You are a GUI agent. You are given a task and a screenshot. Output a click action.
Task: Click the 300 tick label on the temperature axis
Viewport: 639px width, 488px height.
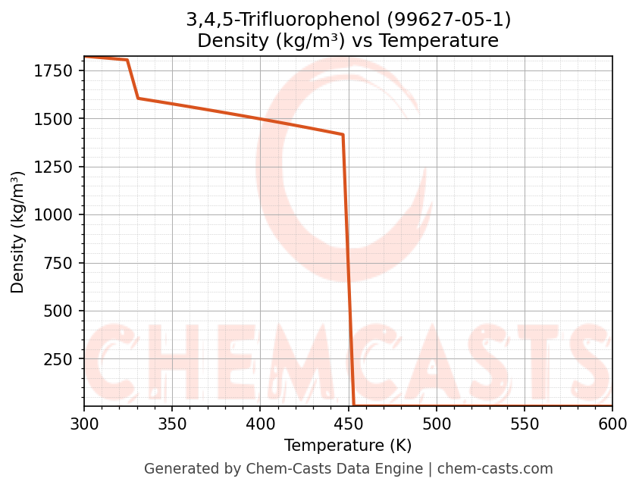pos(84,424)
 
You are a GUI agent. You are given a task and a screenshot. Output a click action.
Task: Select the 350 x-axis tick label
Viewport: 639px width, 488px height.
pos(172,424)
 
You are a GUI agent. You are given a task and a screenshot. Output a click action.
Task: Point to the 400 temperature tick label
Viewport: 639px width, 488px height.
pos(260,424)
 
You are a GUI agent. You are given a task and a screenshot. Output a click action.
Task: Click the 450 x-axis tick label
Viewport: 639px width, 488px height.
pos(348,424)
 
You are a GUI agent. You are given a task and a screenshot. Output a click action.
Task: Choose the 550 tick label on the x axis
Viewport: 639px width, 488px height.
pos(525,424)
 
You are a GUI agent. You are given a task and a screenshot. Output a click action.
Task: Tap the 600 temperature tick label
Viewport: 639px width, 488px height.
pos(612,424)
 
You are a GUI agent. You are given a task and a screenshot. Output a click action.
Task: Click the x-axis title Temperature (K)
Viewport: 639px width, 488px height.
pos(348,446)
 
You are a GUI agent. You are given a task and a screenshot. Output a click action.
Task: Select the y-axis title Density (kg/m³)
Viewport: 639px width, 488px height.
pos(18,232)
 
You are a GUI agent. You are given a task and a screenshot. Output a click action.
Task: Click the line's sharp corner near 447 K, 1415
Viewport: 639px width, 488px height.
pos(343,135)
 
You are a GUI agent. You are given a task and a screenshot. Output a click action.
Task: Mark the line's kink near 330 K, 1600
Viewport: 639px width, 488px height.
pos(137,98)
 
